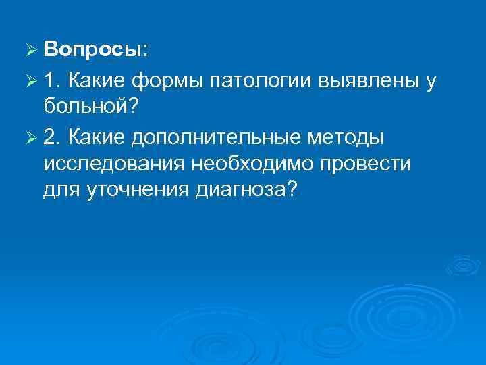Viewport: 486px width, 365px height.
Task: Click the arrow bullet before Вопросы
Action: click(28, 51)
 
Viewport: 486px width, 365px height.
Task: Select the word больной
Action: click(86, 107)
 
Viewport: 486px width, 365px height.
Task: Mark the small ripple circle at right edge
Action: click(465, 265)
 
